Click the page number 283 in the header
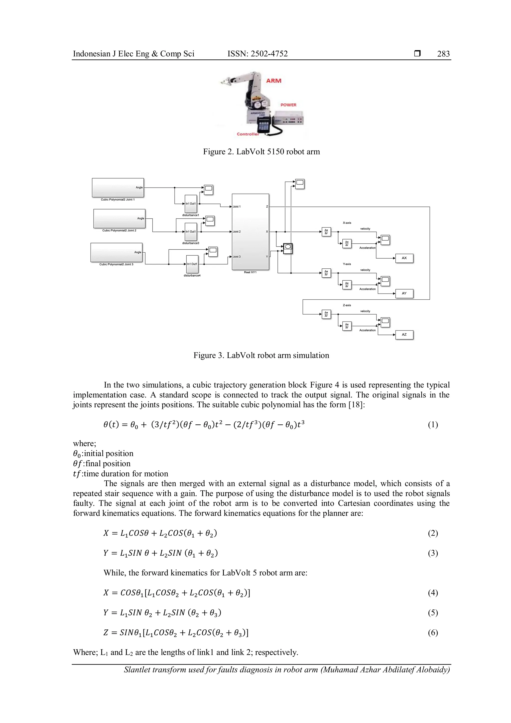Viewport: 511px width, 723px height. point(443,54)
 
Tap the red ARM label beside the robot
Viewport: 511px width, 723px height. point(273,81)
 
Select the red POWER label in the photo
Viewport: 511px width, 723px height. point(288,105)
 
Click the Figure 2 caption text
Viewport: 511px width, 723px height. point(261,152)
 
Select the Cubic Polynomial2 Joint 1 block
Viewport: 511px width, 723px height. point(118,188)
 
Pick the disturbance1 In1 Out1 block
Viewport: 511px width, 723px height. point(191,204)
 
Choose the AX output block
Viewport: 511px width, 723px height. point(404,258)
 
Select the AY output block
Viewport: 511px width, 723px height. point(404,294)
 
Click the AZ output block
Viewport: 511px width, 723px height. point(404,335)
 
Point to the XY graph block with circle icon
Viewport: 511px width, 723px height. point(288,248)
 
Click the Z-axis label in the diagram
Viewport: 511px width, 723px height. point(347,305)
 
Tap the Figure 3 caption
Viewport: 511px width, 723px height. point(261,356)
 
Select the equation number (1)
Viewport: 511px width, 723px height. point(433,425)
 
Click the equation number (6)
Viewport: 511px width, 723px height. point(433,633)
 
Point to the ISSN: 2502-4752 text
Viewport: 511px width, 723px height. point(257,54)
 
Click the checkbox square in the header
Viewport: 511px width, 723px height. point(417,53)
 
